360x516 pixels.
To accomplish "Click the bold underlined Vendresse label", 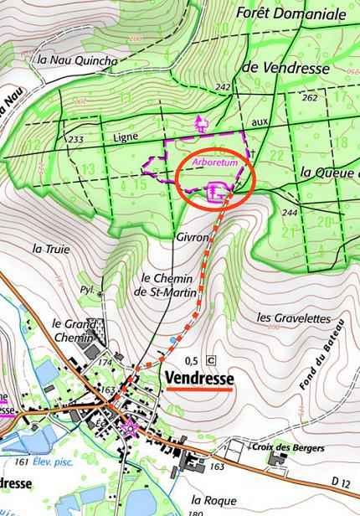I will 200,378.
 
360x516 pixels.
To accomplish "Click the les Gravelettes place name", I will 290,318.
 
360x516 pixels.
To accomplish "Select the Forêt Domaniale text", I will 291,13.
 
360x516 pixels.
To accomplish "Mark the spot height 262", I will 311,98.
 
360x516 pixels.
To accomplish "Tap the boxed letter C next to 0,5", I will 210,360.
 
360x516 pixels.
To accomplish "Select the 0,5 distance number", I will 191,360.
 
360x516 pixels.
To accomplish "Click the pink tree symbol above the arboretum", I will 200,124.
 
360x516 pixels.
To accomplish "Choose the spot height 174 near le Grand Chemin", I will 106,362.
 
